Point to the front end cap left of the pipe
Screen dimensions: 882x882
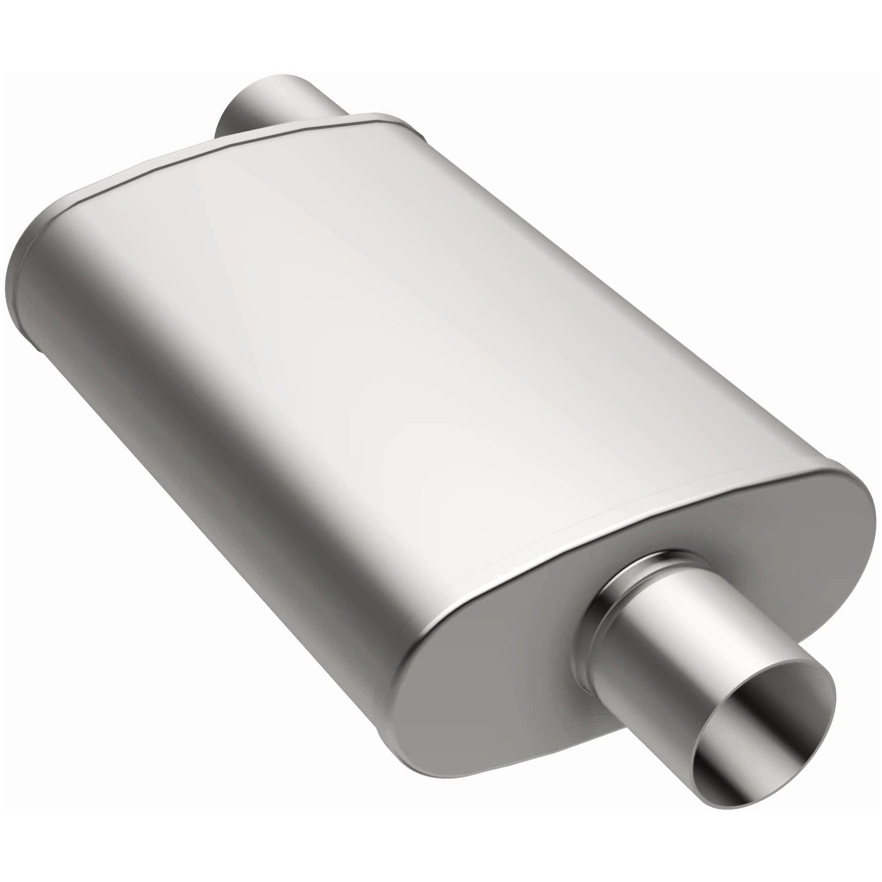point(488,623)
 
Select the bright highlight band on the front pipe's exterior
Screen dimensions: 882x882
point(720,610)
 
